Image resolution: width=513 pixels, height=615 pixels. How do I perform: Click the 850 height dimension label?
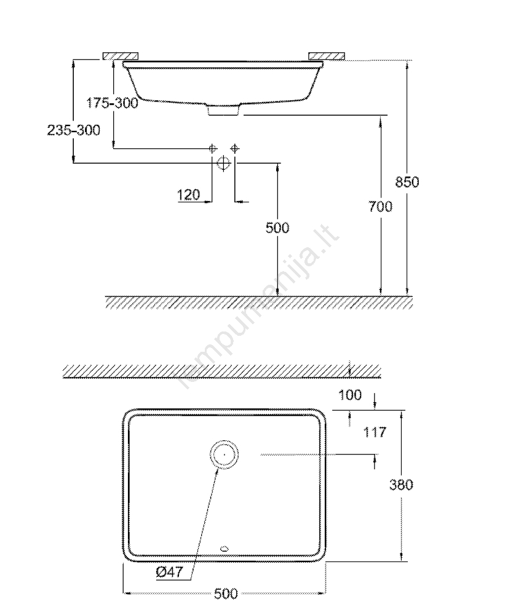click(407, 182)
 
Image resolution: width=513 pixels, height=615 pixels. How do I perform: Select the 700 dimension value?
click(380, 206)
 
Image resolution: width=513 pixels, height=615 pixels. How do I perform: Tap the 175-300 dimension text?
click(112, 103)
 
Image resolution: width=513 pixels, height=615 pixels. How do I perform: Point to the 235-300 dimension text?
click(74, 130)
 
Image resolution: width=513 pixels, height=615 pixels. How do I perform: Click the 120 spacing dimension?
click(189, 194)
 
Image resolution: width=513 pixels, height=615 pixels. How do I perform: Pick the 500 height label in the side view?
click(277, 228)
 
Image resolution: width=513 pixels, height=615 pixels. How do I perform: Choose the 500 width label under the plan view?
click(226, 593)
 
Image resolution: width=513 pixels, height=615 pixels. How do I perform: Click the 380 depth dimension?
click(401, 485)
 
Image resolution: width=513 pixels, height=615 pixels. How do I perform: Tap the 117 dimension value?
click(375, 432)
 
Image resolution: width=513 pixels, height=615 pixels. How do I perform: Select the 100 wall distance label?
click(350, 395)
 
